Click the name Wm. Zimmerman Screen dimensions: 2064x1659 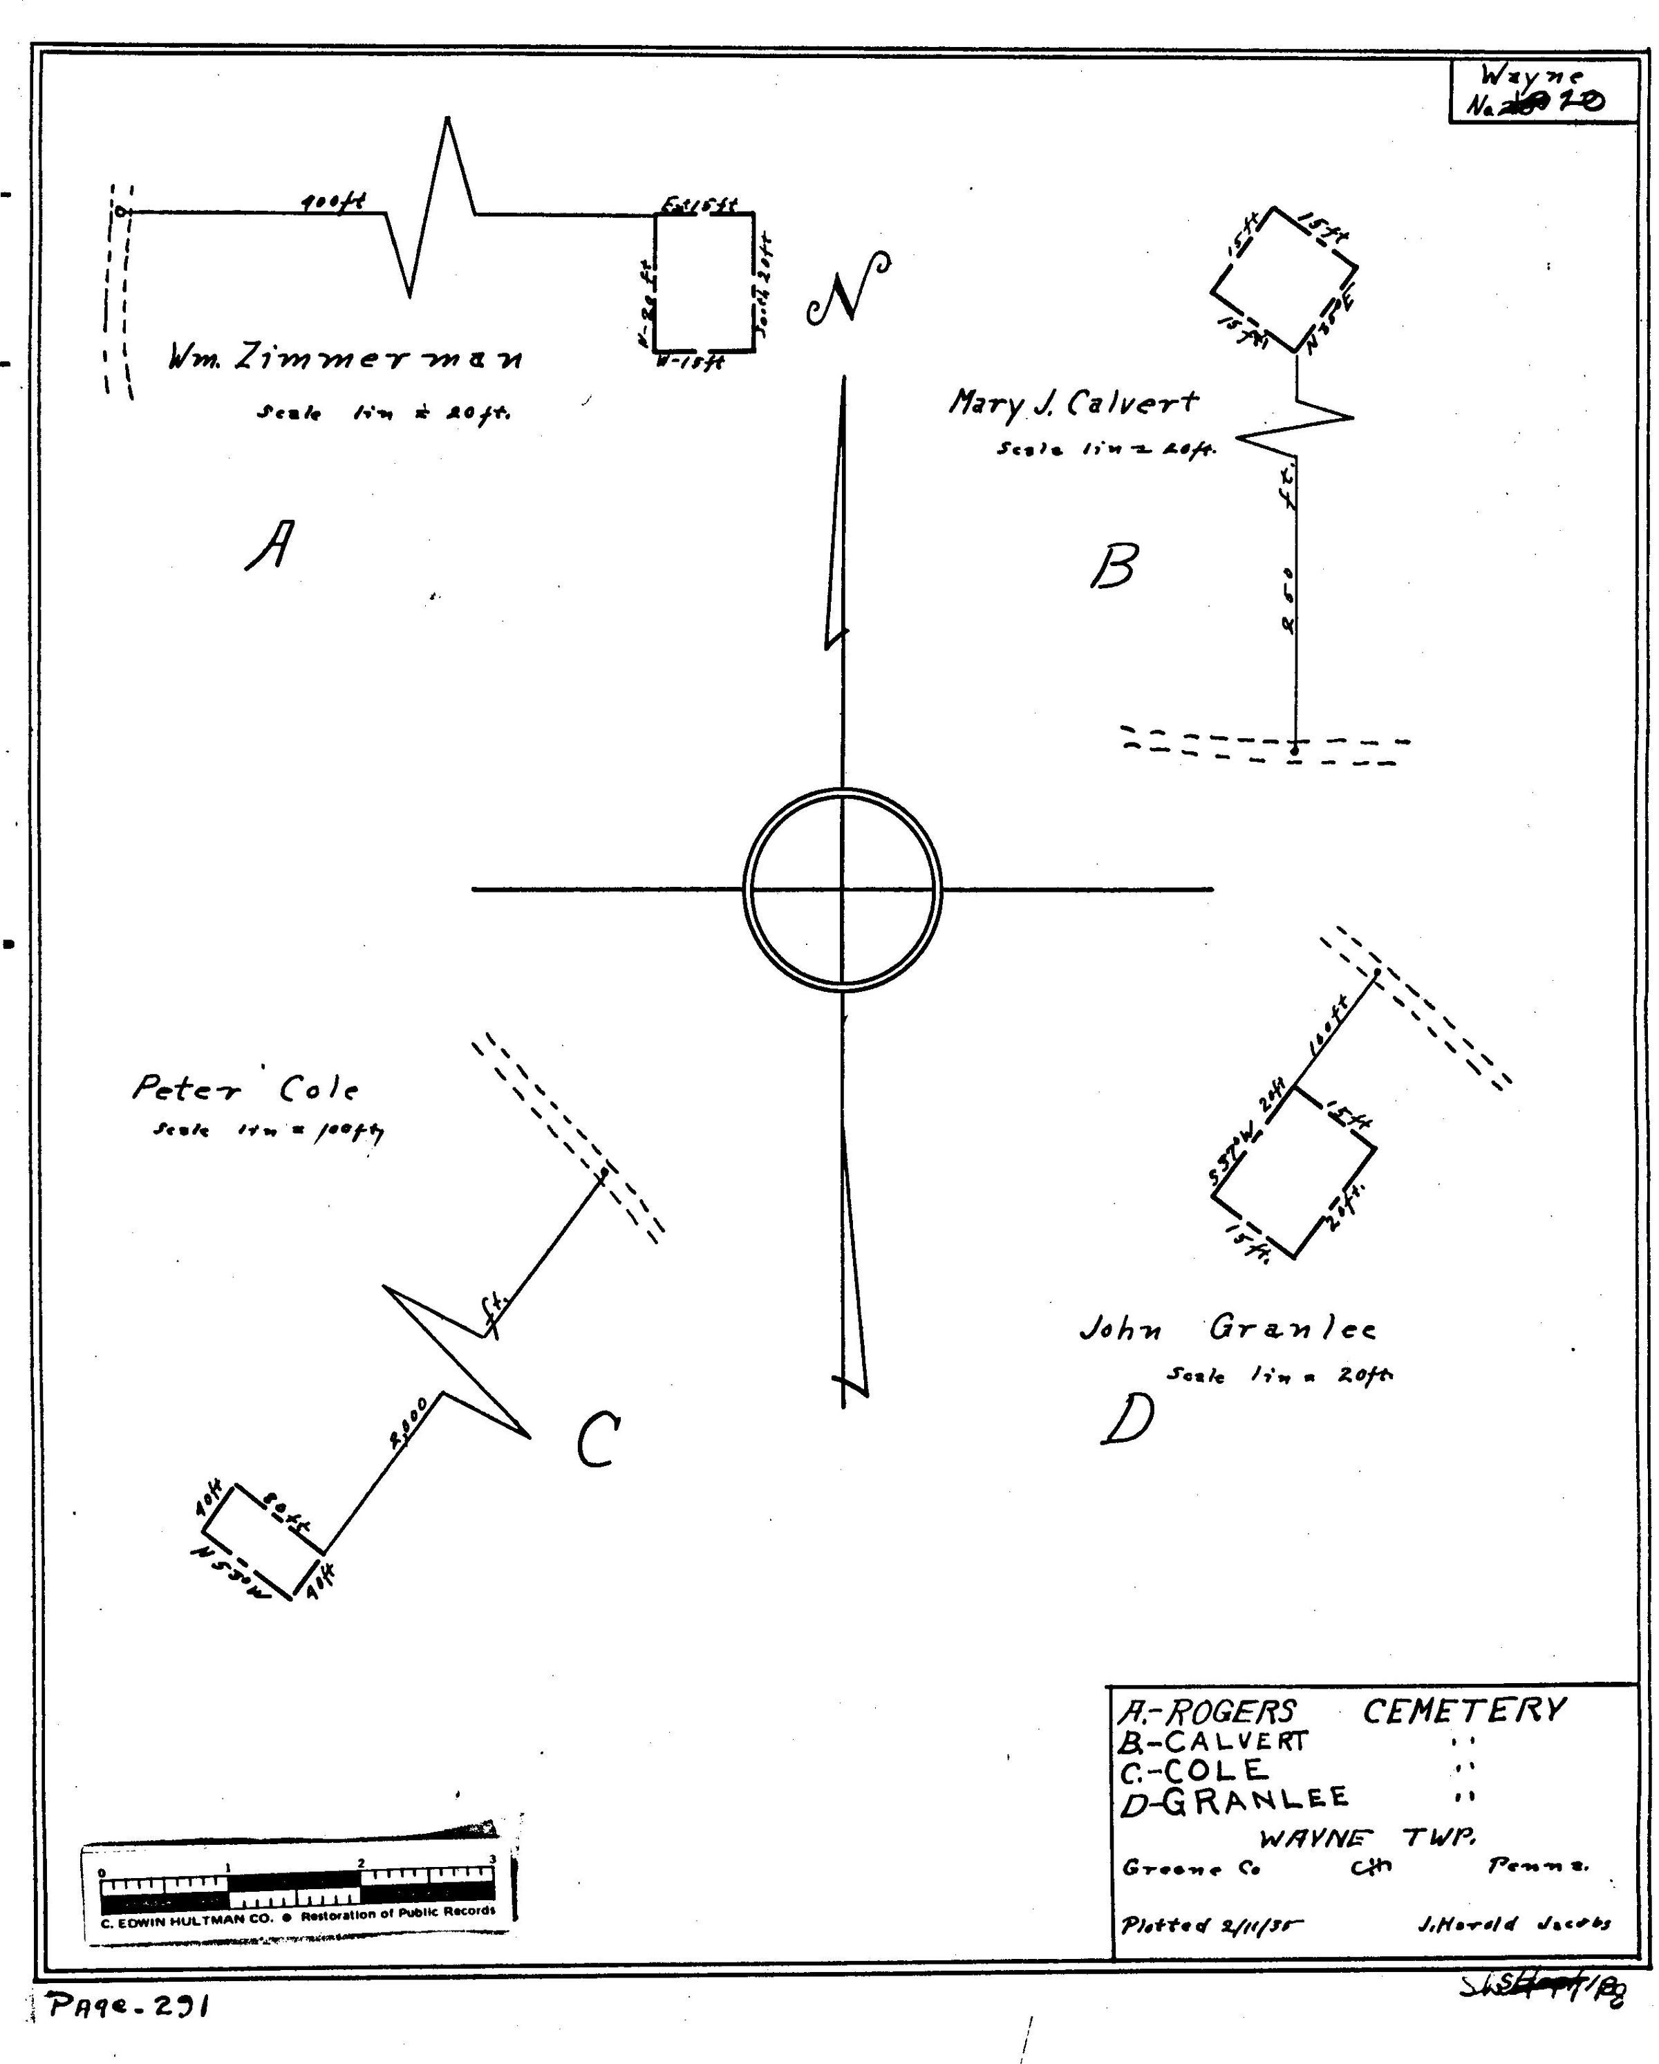[346, 358]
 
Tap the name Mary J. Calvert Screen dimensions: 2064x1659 [1072, 403]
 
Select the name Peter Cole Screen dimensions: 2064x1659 [245, 1089]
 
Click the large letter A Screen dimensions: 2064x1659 [270, 545]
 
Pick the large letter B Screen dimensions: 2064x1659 [1114, 566]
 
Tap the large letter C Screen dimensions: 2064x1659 [599, 1439]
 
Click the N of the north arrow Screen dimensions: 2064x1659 [848, 289]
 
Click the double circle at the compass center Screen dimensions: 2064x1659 [843, 890]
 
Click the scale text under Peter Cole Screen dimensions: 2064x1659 [268, 1132]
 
